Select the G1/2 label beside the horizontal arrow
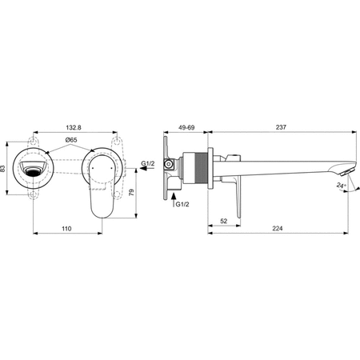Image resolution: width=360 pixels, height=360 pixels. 148,163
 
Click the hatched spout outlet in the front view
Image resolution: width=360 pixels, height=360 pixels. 33,170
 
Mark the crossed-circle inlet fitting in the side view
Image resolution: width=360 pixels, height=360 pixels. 169,166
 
